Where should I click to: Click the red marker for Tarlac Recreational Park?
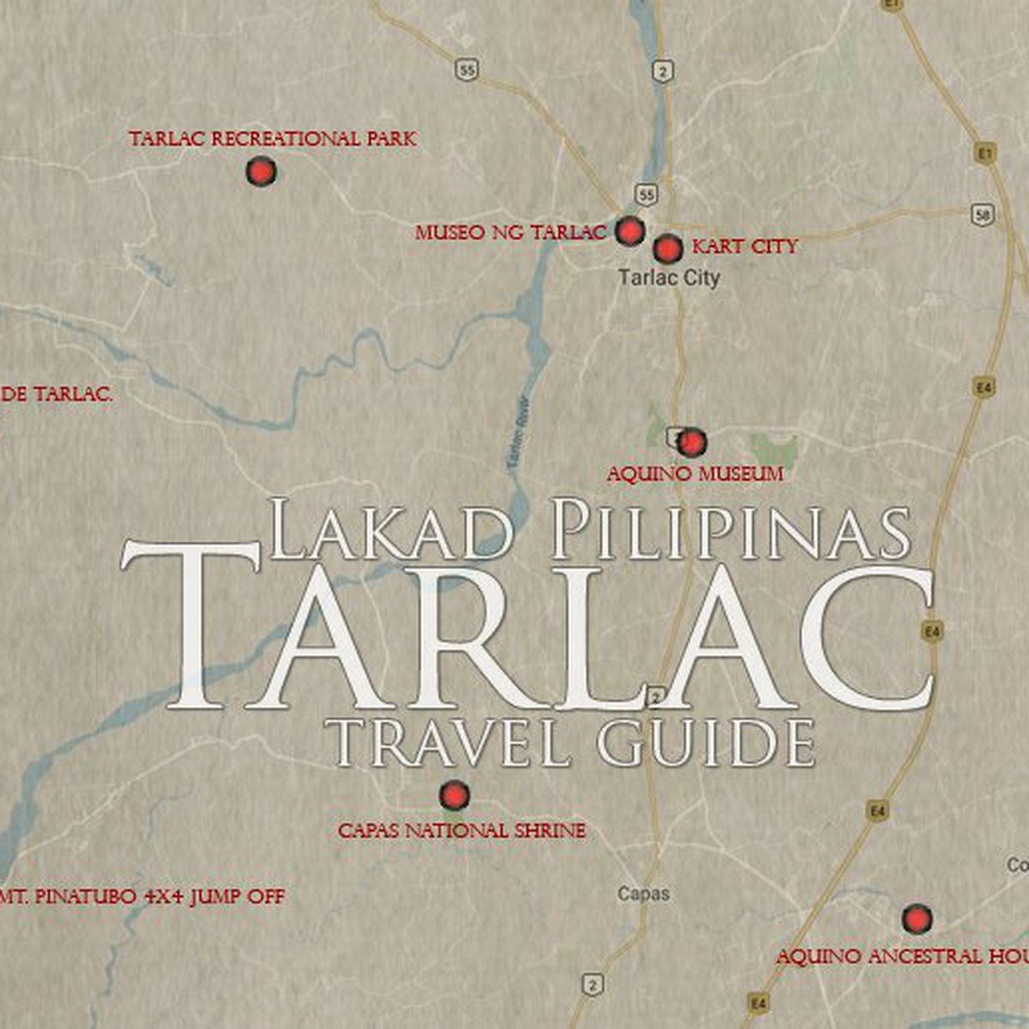tap(261, 172)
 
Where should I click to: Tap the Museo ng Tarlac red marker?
tap(629, 230)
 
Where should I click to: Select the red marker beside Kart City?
tap(667, 249)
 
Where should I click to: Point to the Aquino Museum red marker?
tap(691, 442)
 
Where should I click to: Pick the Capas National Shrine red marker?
tap(454, 796)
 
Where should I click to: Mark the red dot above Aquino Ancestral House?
tap(917, 919)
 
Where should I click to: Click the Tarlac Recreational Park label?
tap(273, 139)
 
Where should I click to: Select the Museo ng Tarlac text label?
tap(511, 232)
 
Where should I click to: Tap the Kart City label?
tap(744, 247)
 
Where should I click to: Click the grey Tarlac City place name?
tap(669, 277)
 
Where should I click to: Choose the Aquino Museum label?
tap(695, 473)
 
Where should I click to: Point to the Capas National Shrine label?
tap(461, 831)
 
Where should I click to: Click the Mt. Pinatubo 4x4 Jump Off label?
tap(142, 898)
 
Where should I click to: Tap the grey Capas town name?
tap(643, 894)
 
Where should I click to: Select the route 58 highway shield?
tap(983, 214)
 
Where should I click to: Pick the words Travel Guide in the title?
tap(573, 742)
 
